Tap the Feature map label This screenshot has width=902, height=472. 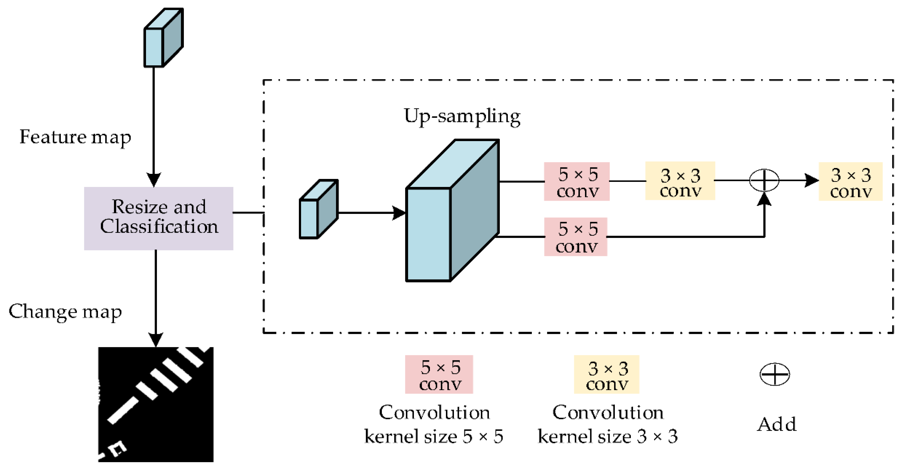tap(75, 137)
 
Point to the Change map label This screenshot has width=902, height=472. tap(65, 311)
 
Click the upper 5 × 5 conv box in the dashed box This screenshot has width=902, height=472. tap(576, 181)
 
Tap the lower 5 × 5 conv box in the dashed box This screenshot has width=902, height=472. tap(575, 237)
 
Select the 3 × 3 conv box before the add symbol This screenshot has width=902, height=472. tap(680, 181)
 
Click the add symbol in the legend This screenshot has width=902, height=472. tap(774, 374)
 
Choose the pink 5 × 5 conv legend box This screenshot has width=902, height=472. tap(439, 374)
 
